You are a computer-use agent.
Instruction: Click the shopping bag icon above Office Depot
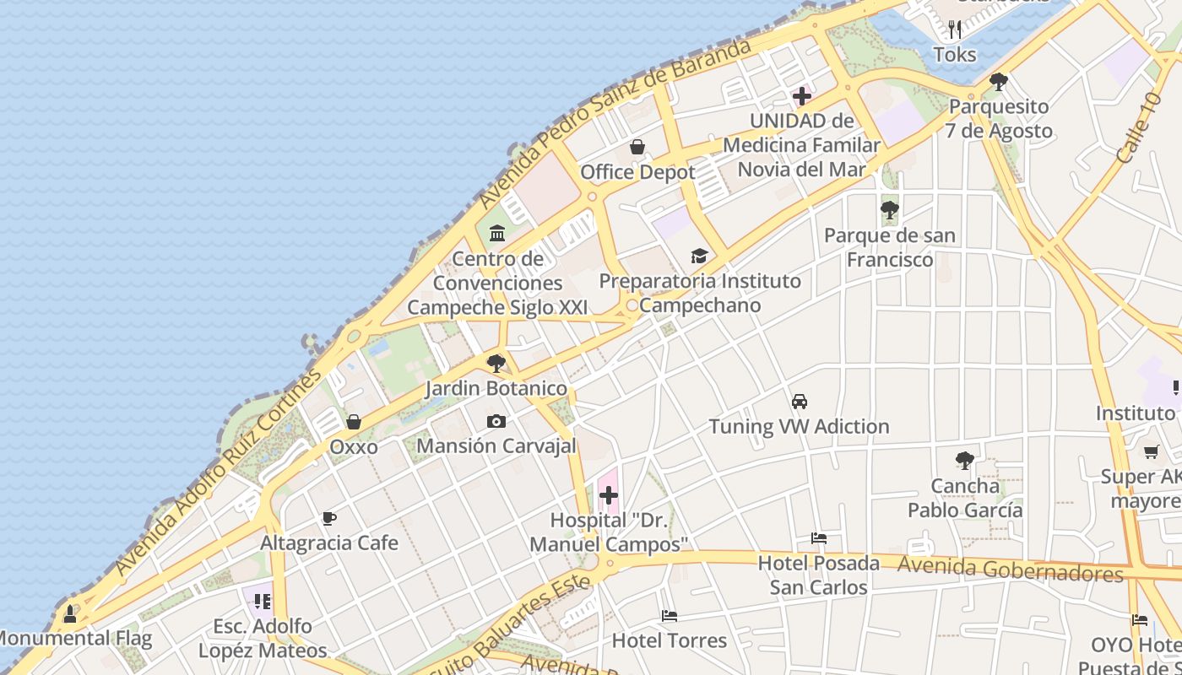pos(637,148)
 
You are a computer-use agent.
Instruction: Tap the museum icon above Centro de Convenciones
pos(497,233)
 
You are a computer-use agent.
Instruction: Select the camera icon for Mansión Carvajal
pos(496,421)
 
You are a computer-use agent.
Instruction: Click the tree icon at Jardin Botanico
pos(496,364)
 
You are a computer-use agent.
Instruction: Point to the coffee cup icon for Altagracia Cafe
pos(329,518)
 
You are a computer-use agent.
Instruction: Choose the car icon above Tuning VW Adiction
pos(800,402)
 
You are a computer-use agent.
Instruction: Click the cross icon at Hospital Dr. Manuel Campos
pos(608,495)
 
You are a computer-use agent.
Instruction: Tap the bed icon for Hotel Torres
pos(670,616)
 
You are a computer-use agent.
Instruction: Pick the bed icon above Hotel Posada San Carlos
pos(818,538)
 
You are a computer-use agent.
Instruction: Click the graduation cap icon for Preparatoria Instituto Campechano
pos(699,256)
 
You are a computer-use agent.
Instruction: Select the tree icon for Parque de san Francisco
pos(889,210)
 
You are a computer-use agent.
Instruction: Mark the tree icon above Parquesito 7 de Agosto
pos(999,82)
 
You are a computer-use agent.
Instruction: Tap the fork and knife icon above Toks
pos(955,30)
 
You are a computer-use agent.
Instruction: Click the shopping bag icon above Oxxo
pos(354,422)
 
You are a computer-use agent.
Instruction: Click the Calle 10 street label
pos(1139,128)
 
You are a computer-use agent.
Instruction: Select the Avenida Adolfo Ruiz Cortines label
pos(219,472)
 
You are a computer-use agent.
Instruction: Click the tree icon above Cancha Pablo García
pos(965,461)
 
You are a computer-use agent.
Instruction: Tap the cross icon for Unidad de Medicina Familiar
pos(802,96)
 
